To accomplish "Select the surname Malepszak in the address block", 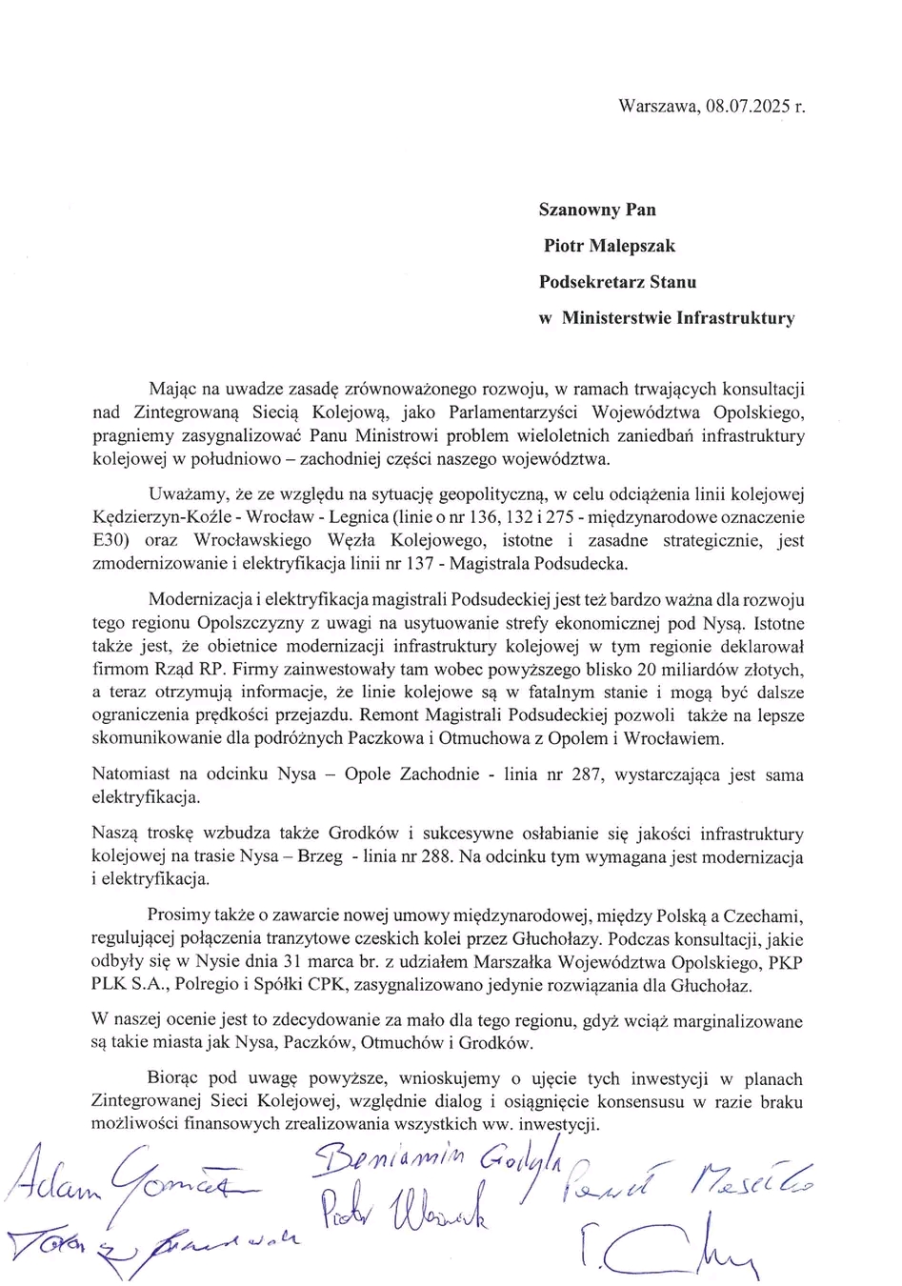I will [630, 246].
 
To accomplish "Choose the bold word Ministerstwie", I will [615, 318].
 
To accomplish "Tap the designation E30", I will [110, 541].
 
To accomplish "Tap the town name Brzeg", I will [319, 856].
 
